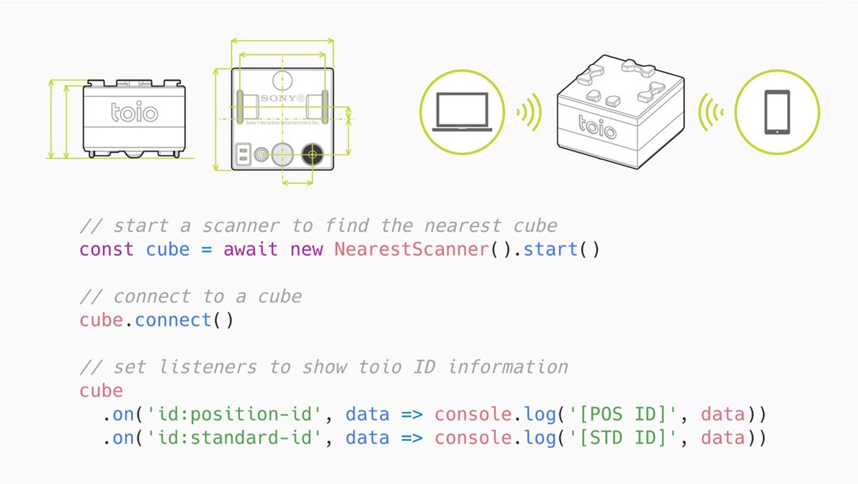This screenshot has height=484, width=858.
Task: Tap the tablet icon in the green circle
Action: pos(777,113)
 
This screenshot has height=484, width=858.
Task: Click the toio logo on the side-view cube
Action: pos(134,112)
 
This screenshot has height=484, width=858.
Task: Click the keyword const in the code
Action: pos(107,250)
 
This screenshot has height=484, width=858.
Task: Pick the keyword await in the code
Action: pos(251,250)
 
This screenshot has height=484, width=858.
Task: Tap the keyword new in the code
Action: pos(306,250)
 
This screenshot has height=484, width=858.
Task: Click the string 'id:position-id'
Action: pos(235,415)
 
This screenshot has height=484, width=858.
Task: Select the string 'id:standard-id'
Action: pos(235,438)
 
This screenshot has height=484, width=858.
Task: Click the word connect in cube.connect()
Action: pos(173,320)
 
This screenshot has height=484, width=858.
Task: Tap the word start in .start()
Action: pos(551,250)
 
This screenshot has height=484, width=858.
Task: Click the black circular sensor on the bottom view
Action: pos(312,154)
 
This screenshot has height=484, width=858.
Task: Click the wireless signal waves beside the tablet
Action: pos(711,112)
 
